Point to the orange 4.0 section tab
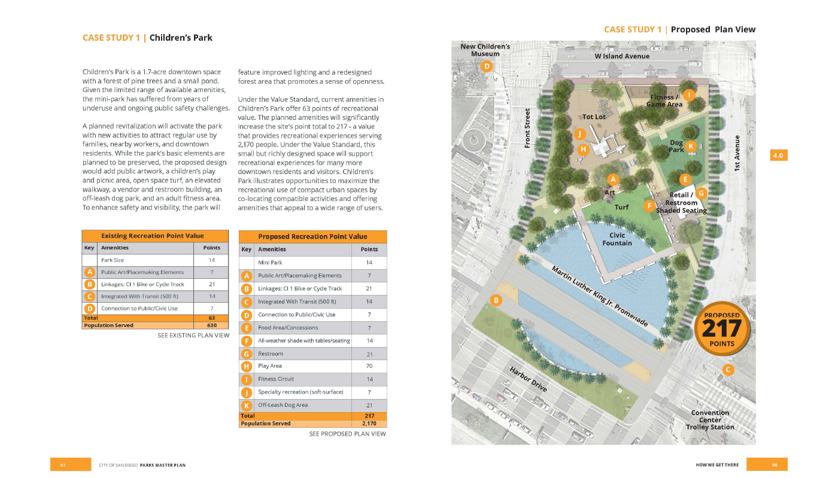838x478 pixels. (778, 156)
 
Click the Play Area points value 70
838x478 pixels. (369, 366)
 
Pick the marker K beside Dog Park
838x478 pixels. (691, 146)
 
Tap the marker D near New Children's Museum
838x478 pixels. (487, 66)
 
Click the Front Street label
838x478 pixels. (528, 127)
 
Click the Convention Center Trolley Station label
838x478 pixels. (710, 420)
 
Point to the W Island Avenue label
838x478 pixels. (621, 56)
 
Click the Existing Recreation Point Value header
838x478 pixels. (153, 236)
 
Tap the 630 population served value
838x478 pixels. (211, 325)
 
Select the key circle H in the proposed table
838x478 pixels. (246, 366)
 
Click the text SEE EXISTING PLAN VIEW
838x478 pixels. (193, 336)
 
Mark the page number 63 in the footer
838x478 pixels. (62, 465)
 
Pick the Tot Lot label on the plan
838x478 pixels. (594, 117)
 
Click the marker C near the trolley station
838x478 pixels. (728, 370)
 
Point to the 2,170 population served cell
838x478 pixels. (369, 424)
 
